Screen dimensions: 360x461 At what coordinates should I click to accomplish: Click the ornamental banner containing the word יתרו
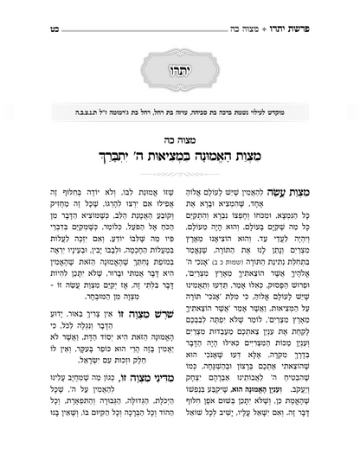point(179,67)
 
